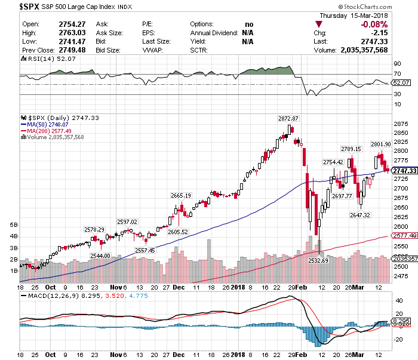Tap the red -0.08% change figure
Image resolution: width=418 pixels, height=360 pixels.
tap(374, 24)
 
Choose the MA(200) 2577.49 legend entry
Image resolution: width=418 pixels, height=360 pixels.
tap(48, 131)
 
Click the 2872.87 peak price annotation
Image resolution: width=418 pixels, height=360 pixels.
tap(288, 119)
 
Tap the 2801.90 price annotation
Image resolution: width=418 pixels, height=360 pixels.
tap(380, 144)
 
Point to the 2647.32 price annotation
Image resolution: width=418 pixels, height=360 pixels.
tap(360, 215)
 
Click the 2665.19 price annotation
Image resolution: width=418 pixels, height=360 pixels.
tap(180, 195)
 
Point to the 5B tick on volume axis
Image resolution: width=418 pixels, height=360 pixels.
tap(14, 224)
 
